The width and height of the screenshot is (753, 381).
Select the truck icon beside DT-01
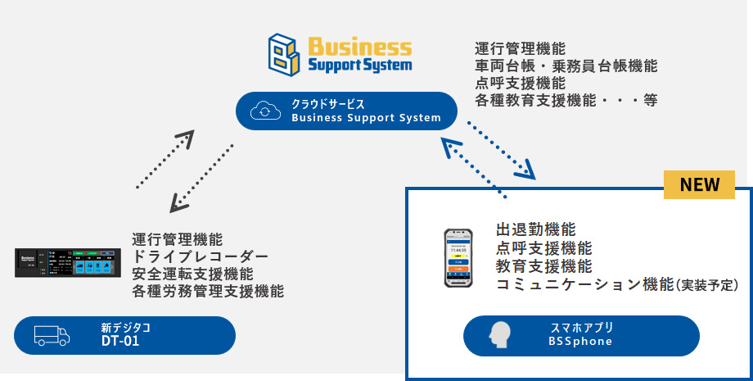coord(51,335)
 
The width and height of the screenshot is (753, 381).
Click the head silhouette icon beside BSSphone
coord(498,335)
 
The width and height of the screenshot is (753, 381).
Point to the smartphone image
coord(459,257)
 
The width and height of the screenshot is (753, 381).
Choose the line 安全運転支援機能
coord(192,274)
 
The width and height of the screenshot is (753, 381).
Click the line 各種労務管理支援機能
coord(208,291)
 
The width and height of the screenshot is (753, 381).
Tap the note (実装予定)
coord(707,285)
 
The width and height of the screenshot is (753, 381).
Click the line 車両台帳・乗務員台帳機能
coord(566,66)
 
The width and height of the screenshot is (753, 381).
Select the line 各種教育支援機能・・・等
coord(566,101)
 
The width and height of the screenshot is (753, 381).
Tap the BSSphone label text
coord(581,342)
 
